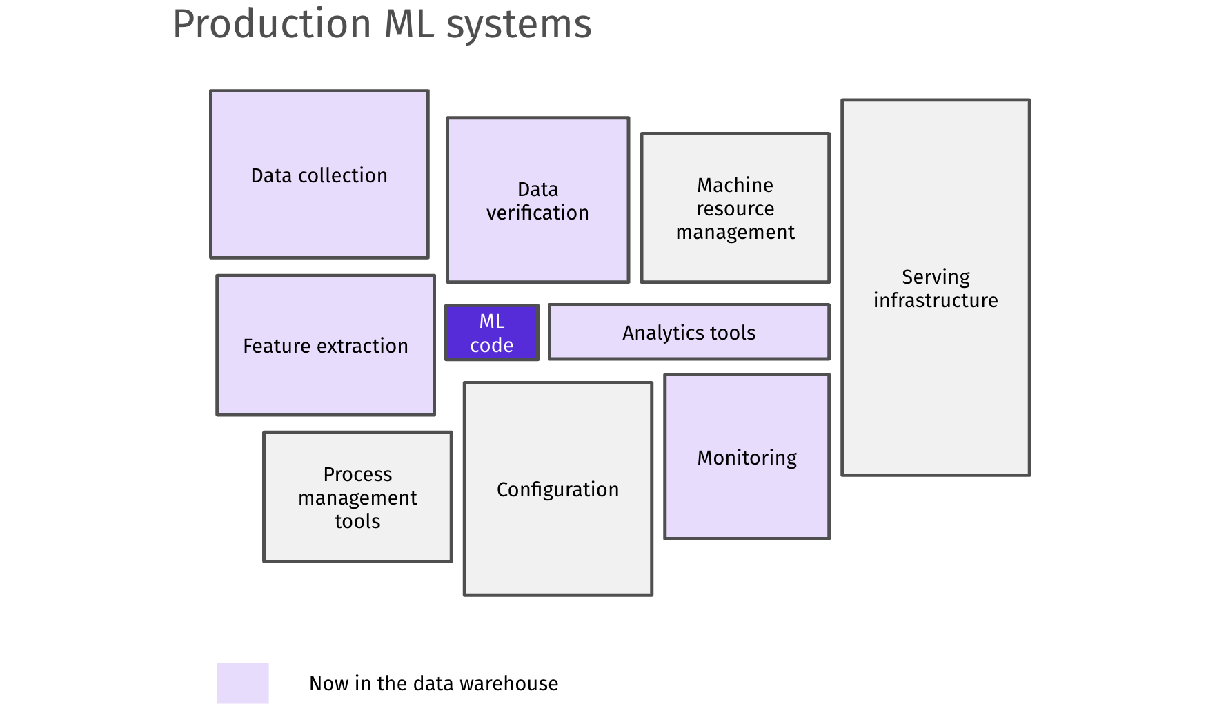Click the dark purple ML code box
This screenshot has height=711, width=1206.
(491, 333)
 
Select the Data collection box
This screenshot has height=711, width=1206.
(319, 174)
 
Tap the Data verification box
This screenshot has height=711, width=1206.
(537, 200)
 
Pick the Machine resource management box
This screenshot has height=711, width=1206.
(735, 208)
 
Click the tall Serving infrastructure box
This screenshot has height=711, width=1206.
(936, 288)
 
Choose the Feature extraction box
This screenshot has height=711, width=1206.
(325, 345)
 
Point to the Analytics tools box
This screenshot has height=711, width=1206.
(689, 332)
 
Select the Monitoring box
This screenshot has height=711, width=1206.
(747, 457)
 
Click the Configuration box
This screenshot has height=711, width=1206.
(557, 489)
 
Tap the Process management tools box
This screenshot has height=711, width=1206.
(357, 497)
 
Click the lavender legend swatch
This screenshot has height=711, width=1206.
(243, 683)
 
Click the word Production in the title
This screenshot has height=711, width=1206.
(272, 25)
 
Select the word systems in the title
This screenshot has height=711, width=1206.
(519, 25)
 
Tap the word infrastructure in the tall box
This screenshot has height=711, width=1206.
(936, 300)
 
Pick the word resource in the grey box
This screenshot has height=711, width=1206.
(735, 208)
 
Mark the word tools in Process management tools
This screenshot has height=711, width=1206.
(357, 521)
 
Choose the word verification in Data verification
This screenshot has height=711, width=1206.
(537, 213)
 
